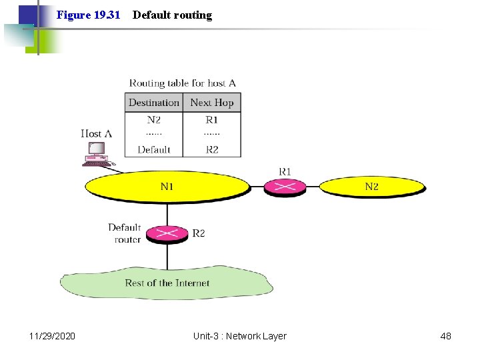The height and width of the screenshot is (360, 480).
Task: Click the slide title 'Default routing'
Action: click(x=172, y=15)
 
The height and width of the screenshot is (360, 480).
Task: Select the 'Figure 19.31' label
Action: click(x=88, y=15)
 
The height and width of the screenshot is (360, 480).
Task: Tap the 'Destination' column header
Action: click(x=154, y=103)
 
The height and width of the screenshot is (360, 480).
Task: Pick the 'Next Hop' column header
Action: click(x=212, y=103)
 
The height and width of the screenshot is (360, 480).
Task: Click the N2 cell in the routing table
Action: click(x=154, y=120)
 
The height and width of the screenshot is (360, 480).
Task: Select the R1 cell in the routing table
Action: click(x=212, y=120)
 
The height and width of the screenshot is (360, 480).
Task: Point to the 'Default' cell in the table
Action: click(x=154, y=149)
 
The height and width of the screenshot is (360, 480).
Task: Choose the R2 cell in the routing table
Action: click(x=212, y=149)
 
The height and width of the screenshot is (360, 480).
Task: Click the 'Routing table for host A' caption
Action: click(x=183, y=83)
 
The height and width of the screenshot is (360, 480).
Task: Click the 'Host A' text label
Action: click(x=96, y=133)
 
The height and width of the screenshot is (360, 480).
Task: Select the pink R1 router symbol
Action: click(x=285, y=187)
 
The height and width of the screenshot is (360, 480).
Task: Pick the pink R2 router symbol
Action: click(x=167, y=233)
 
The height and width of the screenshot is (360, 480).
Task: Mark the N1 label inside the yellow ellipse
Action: click(x=167, y=187)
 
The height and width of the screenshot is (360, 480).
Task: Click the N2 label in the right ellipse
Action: click(x=371, y=187)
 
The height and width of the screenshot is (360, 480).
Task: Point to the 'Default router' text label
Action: click(x=125, y=233)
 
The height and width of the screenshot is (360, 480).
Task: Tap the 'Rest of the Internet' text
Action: click(x=167, y=283)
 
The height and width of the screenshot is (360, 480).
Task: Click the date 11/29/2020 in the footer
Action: click(x=53, y=336)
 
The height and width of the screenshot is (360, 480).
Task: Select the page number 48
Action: click(x=445, y=336)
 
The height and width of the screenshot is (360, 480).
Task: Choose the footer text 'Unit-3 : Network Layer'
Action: click(x=239, y=336)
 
